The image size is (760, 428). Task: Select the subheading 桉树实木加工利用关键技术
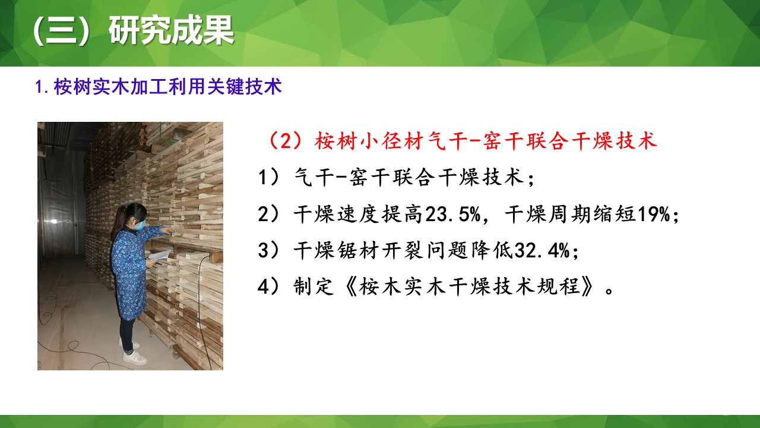[x=167, y=87]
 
